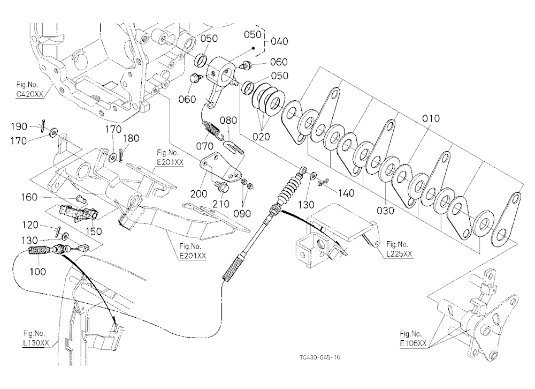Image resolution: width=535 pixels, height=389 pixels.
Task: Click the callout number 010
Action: [x=431, y=119]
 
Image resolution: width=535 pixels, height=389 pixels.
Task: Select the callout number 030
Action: [x=385, y=211]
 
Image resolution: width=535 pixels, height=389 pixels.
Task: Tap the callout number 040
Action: [x=279, y=41]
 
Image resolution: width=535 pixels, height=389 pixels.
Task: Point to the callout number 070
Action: [x=205, y=146]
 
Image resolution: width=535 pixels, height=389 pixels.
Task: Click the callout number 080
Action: [x=228, y=121]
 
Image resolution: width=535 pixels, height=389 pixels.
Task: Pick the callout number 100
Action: [x=37, y=272]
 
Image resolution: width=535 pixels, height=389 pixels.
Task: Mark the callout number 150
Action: [x=94, y=231]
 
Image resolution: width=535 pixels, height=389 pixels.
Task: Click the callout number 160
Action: [x=29, y=197]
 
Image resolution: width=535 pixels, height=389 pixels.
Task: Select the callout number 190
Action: [x=19, y=126]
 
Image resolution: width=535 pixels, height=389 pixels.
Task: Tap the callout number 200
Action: [x=198, y=194]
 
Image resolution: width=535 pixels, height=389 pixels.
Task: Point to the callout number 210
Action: [x=221, y=204]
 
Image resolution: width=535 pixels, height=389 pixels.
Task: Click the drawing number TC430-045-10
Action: [x=320, y=357]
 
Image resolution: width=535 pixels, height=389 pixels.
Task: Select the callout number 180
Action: [x=131, y=138]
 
